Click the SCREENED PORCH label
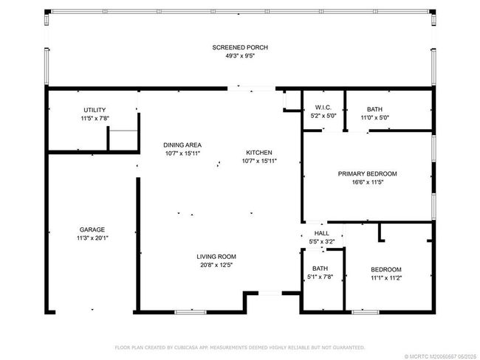(x=240, y=47)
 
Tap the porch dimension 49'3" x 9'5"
(x=240, y=55)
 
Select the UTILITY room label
(x=95, y=110)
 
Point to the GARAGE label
(x=92, y=229)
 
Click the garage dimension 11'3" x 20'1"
(x=92, y=238)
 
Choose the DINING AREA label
(x=182, y=145)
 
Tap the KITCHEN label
(x=259, y=153)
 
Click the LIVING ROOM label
(x=216, y=257)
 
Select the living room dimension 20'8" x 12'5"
(x=216, y=265)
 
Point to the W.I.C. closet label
(x=323, y=108)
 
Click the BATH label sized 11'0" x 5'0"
(x=374, y=109)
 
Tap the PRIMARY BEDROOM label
(x=367, y=174)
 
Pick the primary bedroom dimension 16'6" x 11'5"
(x=368, y=182)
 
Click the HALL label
(x=322, y=233)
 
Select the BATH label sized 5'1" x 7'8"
(x=320, y=269)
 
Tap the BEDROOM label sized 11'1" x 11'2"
(x=386, y=269)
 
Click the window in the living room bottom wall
(x=191, y=312)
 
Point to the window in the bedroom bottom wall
(x=366, y=312)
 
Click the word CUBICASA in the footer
(x=186, y=347)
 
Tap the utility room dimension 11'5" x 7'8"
(x=95, y=118)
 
